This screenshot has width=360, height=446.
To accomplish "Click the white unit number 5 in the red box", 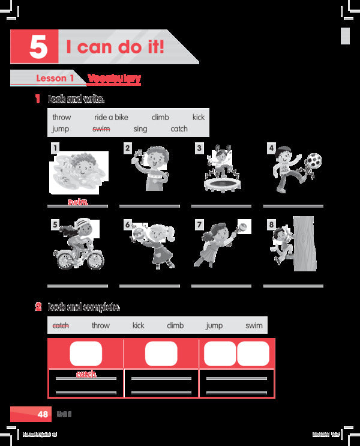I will click(x=37, y=47).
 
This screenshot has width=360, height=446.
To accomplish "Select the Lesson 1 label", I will click(x=55, y=79).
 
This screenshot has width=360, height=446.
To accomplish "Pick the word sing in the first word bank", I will click(x=140, y=128).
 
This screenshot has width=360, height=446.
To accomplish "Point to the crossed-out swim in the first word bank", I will click(x=101, y=128).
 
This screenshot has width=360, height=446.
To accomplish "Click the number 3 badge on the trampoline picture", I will click(x=199, y=148).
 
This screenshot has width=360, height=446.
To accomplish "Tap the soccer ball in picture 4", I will click(x=314, y=161).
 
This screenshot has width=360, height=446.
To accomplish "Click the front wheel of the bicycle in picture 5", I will click(x=94, y=259).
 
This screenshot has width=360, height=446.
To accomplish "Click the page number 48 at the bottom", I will click(x=43, y=414).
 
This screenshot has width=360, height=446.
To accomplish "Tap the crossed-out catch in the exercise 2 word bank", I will click(x=61, y=325).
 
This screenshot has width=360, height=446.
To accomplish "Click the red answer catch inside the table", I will click(x=86, y=375).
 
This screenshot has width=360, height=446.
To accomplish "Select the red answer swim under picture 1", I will click(x=78, y=202).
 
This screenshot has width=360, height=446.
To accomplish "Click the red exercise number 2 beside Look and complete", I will click(x=38, y=307).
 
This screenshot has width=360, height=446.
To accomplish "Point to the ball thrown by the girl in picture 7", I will click(x=244, y=227).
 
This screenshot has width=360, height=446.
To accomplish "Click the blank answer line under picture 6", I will click(x=149, y=286).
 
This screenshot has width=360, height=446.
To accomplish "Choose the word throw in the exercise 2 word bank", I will click(x=101, y=325).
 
